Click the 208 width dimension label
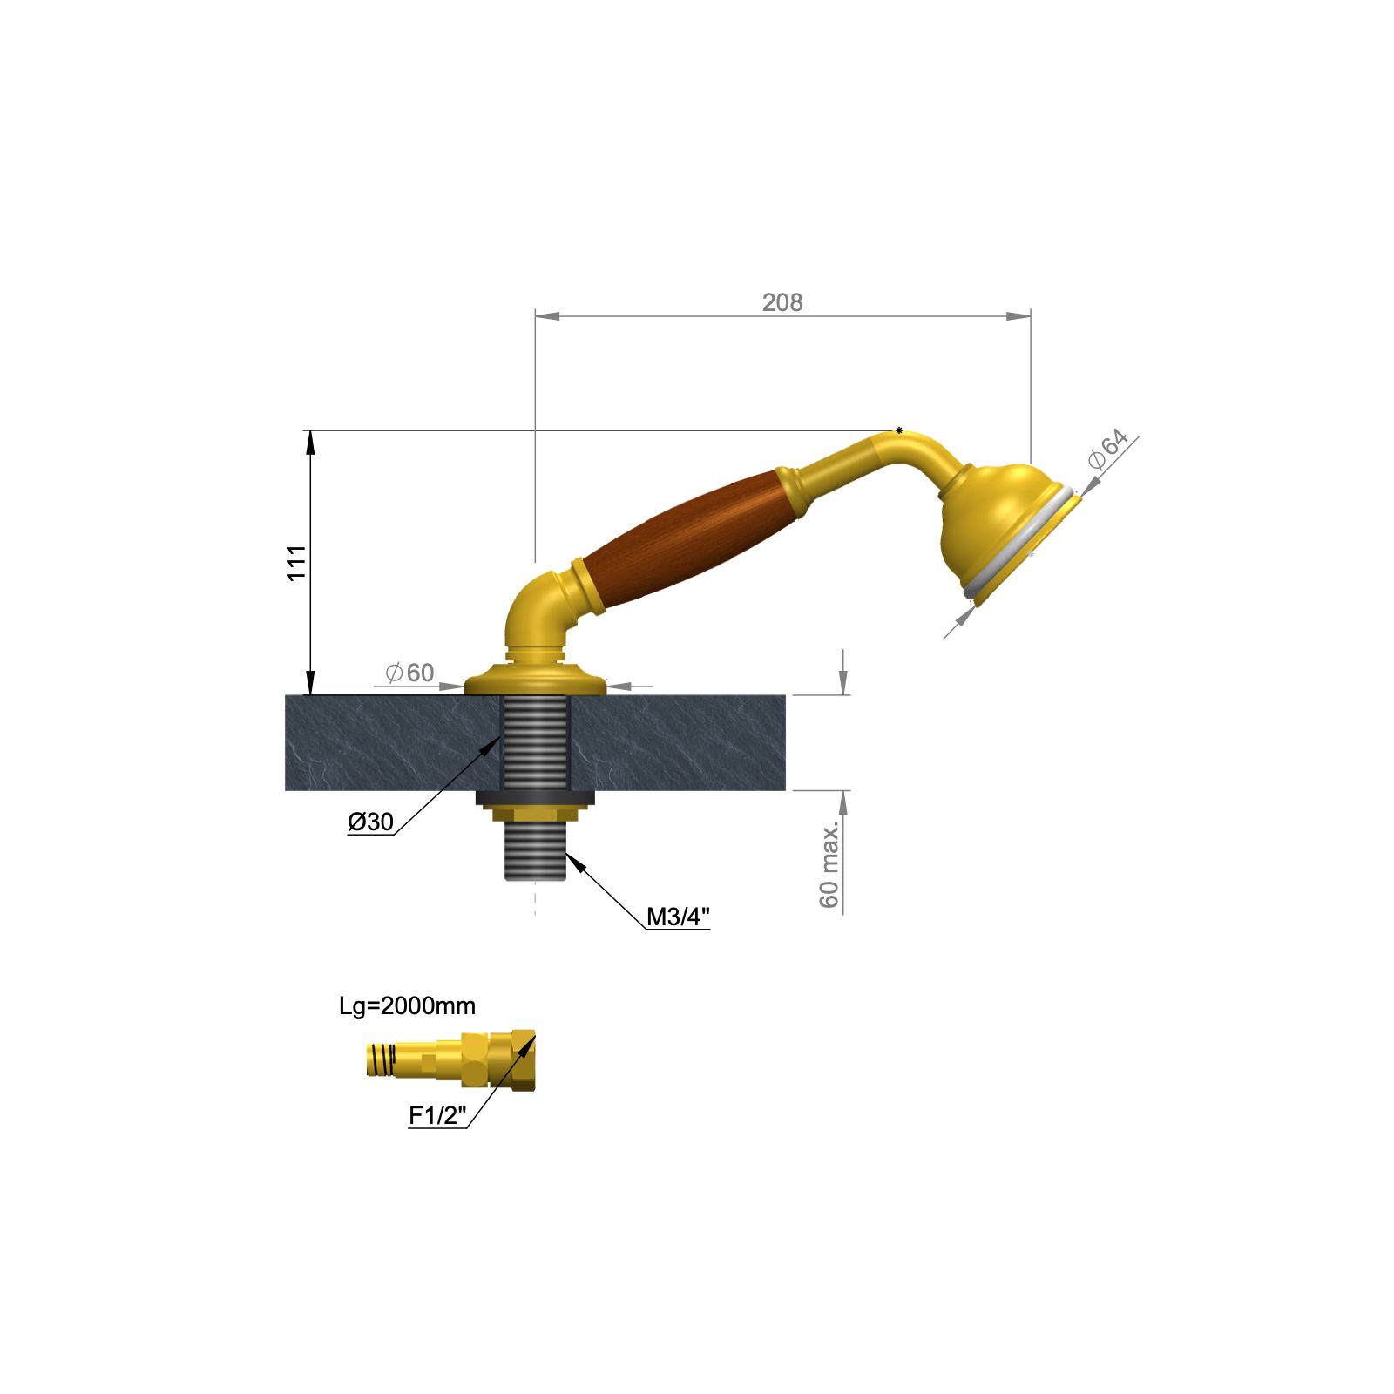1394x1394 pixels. (x=782, y=302)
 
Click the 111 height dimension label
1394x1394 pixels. (x=297, y=563)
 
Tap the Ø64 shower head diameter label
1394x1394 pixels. (x=1108, y=449)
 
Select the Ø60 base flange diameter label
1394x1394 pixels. (x=409, y=673)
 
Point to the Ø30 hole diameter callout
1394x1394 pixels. (x=371, y=822)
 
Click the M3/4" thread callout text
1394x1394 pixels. (x=678, y=917)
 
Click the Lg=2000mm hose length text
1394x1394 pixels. (x=407, y=1006)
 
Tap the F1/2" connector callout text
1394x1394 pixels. (x=437, y=1115)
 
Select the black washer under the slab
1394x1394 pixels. (x=534, y=797)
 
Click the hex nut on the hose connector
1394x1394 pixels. (x=475, y=1059)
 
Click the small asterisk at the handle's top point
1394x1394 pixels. (x=898, y=430)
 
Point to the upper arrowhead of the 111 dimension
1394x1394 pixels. (x=309, y=440)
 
